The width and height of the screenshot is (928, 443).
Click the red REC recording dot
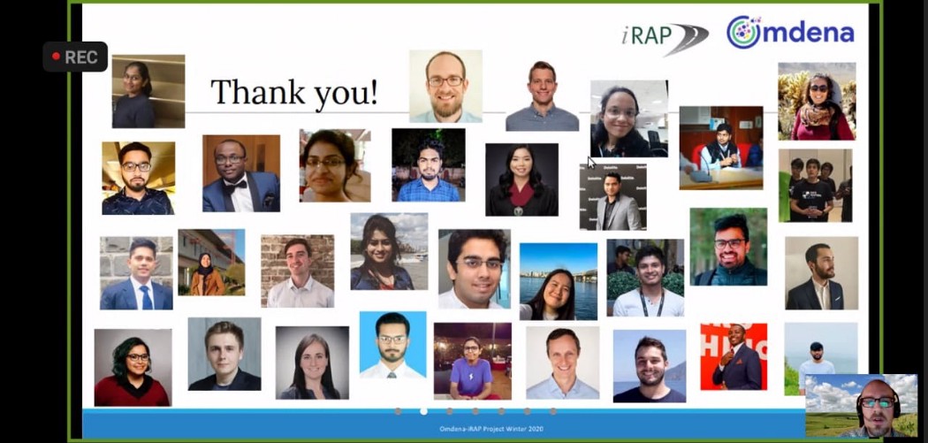click(x=57, y=57)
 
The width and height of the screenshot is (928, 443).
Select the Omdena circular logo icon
click(x=744, y=33)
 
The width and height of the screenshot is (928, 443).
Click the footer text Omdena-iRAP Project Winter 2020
click(x=491, y=428)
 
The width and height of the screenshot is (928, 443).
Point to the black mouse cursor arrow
click(x=591, y=163)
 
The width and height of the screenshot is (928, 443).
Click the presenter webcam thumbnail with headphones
click(x=861, y=406)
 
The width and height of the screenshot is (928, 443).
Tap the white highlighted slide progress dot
click(x=423, y=411)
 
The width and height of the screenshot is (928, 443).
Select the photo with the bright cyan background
click(x=393, y=345)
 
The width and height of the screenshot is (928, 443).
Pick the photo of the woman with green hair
click(x=133, y=368)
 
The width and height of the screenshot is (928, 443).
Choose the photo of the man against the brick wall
click(x=298, y=271)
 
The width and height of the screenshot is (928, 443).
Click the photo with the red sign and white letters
click(x=734, y=356)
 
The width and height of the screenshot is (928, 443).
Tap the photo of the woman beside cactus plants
click(x=817, y=102)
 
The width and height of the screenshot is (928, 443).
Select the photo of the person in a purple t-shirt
click(x=472, y=362)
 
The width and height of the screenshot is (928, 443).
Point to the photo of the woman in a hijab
click(x=211, y=263)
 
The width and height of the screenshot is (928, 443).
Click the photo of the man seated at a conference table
click(x=721, y=148)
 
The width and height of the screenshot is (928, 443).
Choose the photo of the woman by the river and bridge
click(x=559, y=282)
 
